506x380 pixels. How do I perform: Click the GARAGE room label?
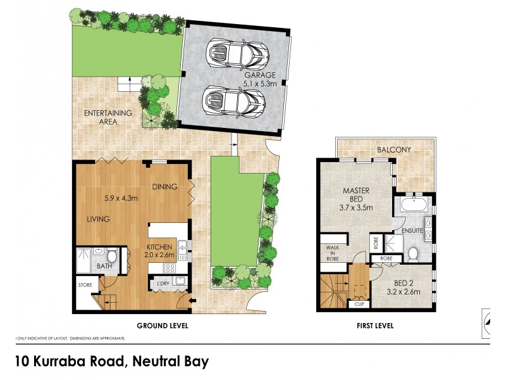pyautogui.click(x=261, y=75)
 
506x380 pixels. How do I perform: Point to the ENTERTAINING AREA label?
pyautogui.click(x=109, y=117)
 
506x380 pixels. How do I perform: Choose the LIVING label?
pyautogui.click(x=99, y=219)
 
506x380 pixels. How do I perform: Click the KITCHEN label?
pyautogui.click(x=161, y=246)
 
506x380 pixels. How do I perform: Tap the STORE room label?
pyautogui.click(x=86, y=286)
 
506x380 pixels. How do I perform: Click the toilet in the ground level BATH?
pyautogui.click(x=111, y=256)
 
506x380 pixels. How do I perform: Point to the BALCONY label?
pyautogui.click(x=394, y=150)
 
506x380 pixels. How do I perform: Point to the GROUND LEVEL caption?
pyautogui.click(x=163, y=326)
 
